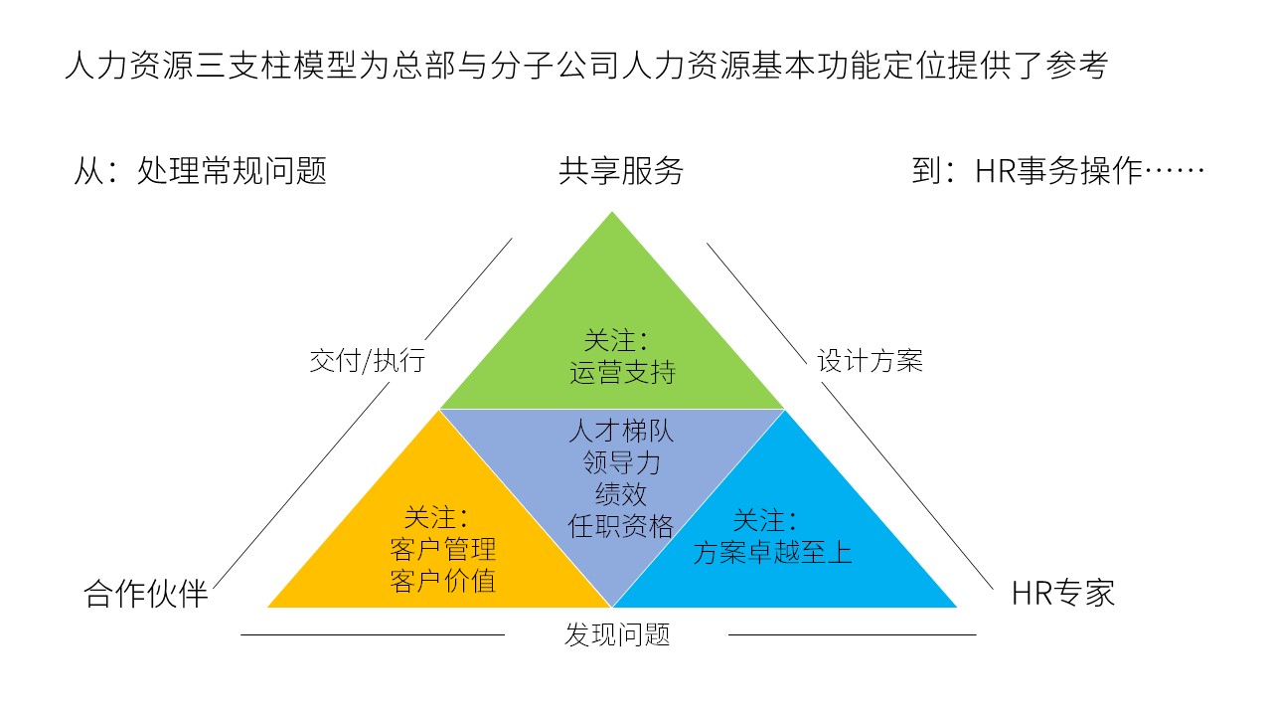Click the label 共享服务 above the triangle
[x=621, y=171]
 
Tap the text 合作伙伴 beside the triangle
[x=146, y=594]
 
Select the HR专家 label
[x=1063, y=594]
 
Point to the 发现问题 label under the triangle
[x=617, y=634]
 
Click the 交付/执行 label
[x=368, y=360]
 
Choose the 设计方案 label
[x=870, y=361]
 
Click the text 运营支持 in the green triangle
[x=622, y=373]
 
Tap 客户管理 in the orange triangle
[x=443, y=550]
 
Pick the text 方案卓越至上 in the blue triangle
[x=772, y=552]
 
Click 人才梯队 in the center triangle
[x=621, y=431]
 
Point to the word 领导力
[x=621, y=462]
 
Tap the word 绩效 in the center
[x=621, y=494]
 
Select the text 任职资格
[x=621, y=526]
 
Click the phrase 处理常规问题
[x=232, y=171]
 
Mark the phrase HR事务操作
[x=1058, y=171]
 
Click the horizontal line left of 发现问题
[x=373, y=634]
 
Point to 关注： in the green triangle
[x=617, y=341]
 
